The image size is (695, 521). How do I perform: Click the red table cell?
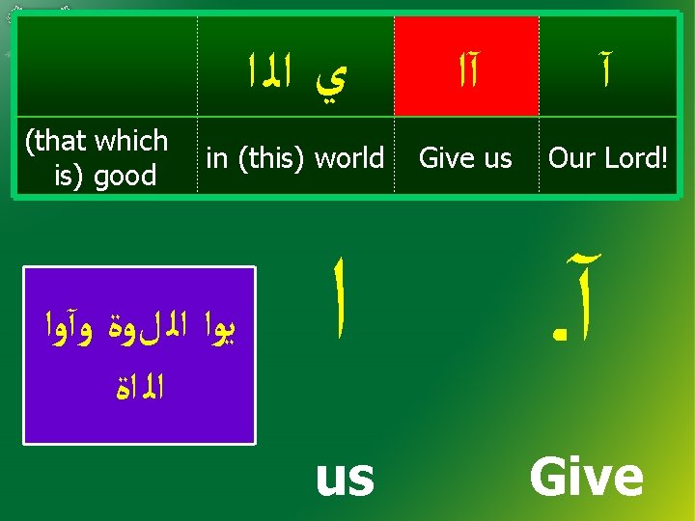click(x=466, y=66)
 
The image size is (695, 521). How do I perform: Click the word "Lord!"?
click(x=634, y=157)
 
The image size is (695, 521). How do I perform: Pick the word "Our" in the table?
click(x=570, y=157)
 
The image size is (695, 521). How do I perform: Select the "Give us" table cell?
click(x=466, y=157)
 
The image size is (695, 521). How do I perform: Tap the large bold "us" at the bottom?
click(x=345, y=478)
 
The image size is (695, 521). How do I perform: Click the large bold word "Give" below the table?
click(x=586, y=477)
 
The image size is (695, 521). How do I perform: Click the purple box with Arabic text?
click(x=139, y=355)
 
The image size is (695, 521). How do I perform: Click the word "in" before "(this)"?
click(x=217, y=157)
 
